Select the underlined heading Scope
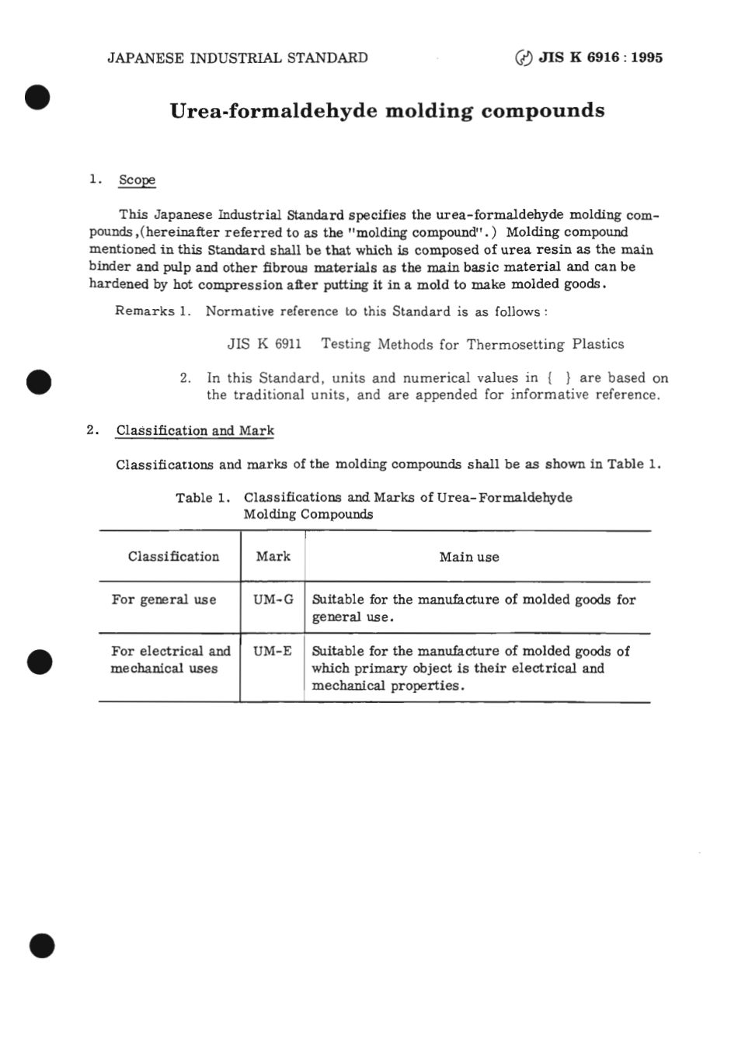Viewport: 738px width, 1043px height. (x=137, y=180)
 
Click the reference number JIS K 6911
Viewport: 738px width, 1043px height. (x=264, y=344)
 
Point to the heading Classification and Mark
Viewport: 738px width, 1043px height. (x=195, y=431)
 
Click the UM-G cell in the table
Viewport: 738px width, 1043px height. (x=273, y=600)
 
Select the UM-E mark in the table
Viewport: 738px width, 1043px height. (x=273, y=651)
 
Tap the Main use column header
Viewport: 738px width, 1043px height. (x=469, y=557)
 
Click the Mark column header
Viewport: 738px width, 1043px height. (x=273, y=557)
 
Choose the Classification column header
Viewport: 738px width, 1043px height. (x=173, y=557)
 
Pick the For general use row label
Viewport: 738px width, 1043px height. (x=164, y=600)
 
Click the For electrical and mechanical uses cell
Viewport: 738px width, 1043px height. (x=170, y=659)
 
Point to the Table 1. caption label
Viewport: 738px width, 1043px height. (x=204, y=498)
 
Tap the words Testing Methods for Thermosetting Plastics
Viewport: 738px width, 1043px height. (x=472, y=344)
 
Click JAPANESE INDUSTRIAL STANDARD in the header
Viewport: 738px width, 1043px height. (x=237, y=57)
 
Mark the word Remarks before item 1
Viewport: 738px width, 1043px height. (x=144, y=311)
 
